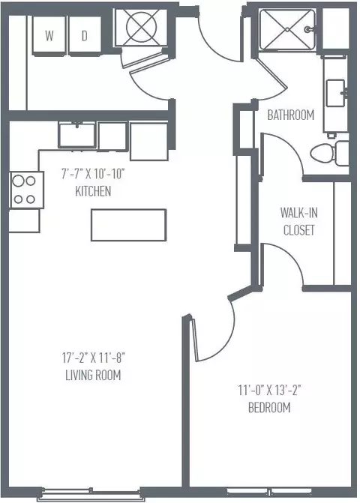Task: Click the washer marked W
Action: tap(49, 35)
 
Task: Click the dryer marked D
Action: tap(85, 35)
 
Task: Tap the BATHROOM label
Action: tap(291, 115)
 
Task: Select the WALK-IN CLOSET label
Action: tap(299, 221)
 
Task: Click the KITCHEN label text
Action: tap(93, 191)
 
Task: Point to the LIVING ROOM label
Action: tap(93, 375)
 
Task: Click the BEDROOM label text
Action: tap(269, 407)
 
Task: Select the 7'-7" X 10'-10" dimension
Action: tap(93, 174)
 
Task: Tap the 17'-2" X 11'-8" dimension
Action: tap(93, 358)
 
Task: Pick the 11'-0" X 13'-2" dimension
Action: tap(269, 391)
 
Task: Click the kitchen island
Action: tap(129, 225)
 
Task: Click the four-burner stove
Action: tap(27, 190)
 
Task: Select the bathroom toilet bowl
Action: tap(322, 153)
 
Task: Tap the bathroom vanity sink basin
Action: tap(335, 93)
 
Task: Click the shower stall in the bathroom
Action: tap(287, 29)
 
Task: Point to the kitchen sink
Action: tap(77, 134)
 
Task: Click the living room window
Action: tap(91, 494)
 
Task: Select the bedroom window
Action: tap(269, 492)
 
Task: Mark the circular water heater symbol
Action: tap(141, 27)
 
